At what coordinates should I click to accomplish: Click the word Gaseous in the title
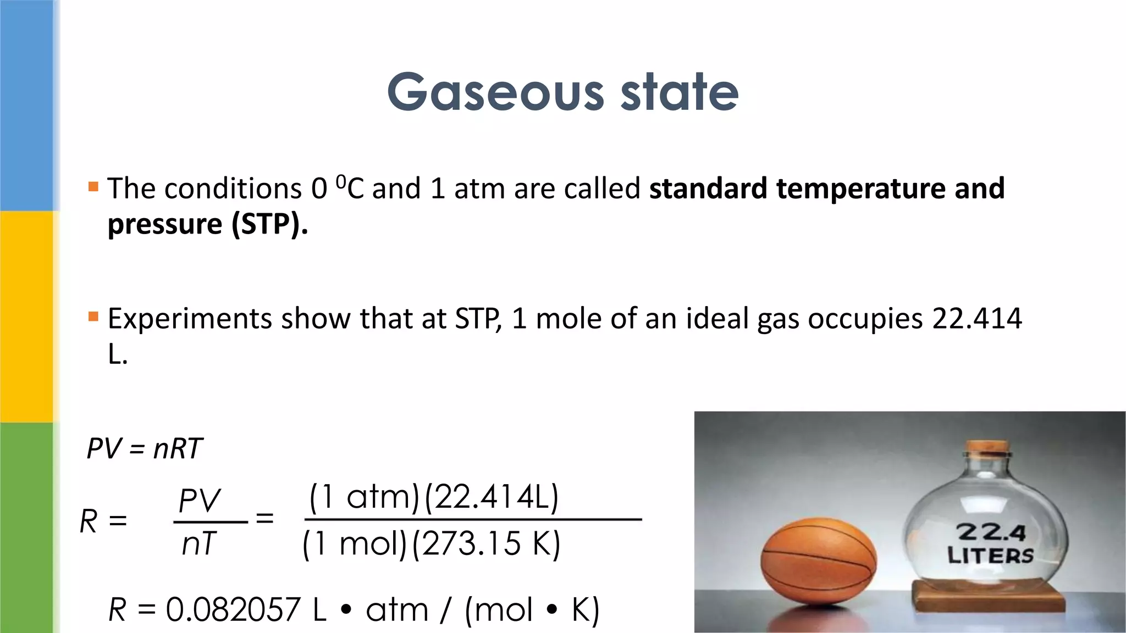pos(495,92)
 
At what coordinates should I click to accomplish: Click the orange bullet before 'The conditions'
pos(93,187)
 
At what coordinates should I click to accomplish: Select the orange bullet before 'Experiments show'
pos(93,316)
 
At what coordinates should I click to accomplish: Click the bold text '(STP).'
pos(269,224)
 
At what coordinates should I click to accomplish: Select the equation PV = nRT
pos(145,448)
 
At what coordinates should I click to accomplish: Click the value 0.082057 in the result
pos(233,609)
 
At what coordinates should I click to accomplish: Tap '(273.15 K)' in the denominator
pos(486,544)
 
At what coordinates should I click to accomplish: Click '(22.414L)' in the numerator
pos(492,497)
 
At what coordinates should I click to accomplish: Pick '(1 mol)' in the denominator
pos(354,544)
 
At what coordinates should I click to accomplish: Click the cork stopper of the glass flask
pos(988,448)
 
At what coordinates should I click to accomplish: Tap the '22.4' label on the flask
pos(991,532)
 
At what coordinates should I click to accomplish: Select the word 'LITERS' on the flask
pos(990,555)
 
